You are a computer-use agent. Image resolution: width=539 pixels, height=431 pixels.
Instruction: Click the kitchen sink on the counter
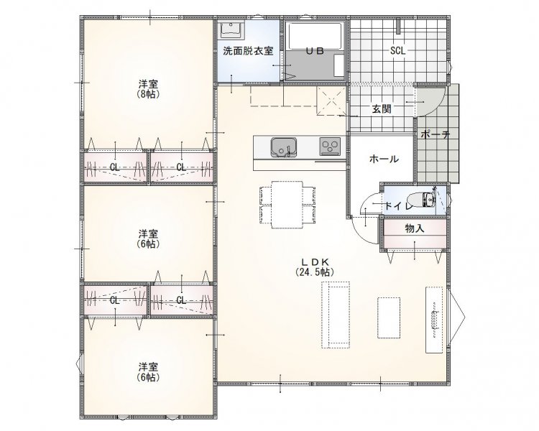click(x=284, y=147)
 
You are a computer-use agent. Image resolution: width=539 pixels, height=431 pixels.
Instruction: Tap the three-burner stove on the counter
click(x=331, y=146)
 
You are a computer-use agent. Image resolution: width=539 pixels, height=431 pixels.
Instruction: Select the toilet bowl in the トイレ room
click(x=421, y=200)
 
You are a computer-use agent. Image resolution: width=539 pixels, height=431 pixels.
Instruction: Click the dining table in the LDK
click(x=287, y=205)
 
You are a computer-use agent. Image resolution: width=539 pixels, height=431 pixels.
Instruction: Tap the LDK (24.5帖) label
click(x=315, y=267)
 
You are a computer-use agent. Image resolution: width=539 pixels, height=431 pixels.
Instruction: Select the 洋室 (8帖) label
click(x=148, y=89)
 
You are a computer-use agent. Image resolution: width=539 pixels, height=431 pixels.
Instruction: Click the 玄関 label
click(x=381, y=109)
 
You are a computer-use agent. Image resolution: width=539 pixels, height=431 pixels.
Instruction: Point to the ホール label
click(x=384, y=159)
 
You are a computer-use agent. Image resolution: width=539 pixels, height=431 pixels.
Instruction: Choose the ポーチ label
click(x=436, y=134)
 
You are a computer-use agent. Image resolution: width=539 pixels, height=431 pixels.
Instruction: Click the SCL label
click(x=397, y=51)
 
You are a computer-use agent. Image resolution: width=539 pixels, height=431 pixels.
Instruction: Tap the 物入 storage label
click(x=415, y=228)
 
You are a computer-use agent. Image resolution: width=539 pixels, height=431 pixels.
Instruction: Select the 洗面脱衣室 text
click(x=248, y=51)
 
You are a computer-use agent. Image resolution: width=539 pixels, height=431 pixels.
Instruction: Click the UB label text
click(x=315, y=51)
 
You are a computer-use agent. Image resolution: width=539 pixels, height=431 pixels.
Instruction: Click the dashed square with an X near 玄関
click(x=331, y=101)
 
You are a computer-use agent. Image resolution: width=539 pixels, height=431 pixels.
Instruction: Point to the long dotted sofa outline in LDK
click(x=336, y=315)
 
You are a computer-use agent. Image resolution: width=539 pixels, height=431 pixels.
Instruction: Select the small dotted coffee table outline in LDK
click(x=389, y=318)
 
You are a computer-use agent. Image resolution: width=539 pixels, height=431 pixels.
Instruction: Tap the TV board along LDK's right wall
click(x=434, y=319)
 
